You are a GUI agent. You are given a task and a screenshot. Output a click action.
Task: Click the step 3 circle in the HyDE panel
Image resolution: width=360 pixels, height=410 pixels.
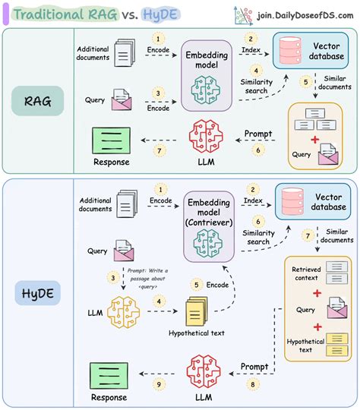114,279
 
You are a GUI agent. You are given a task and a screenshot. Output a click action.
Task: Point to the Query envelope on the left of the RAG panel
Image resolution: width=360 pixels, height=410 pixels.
121,99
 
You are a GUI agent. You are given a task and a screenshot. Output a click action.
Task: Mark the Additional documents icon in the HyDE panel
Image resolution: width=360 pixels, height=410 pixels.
126,202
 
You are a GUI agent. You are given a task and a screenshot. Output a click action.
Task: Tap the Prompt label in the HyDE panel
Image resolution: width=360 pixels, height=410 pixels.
255,366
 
